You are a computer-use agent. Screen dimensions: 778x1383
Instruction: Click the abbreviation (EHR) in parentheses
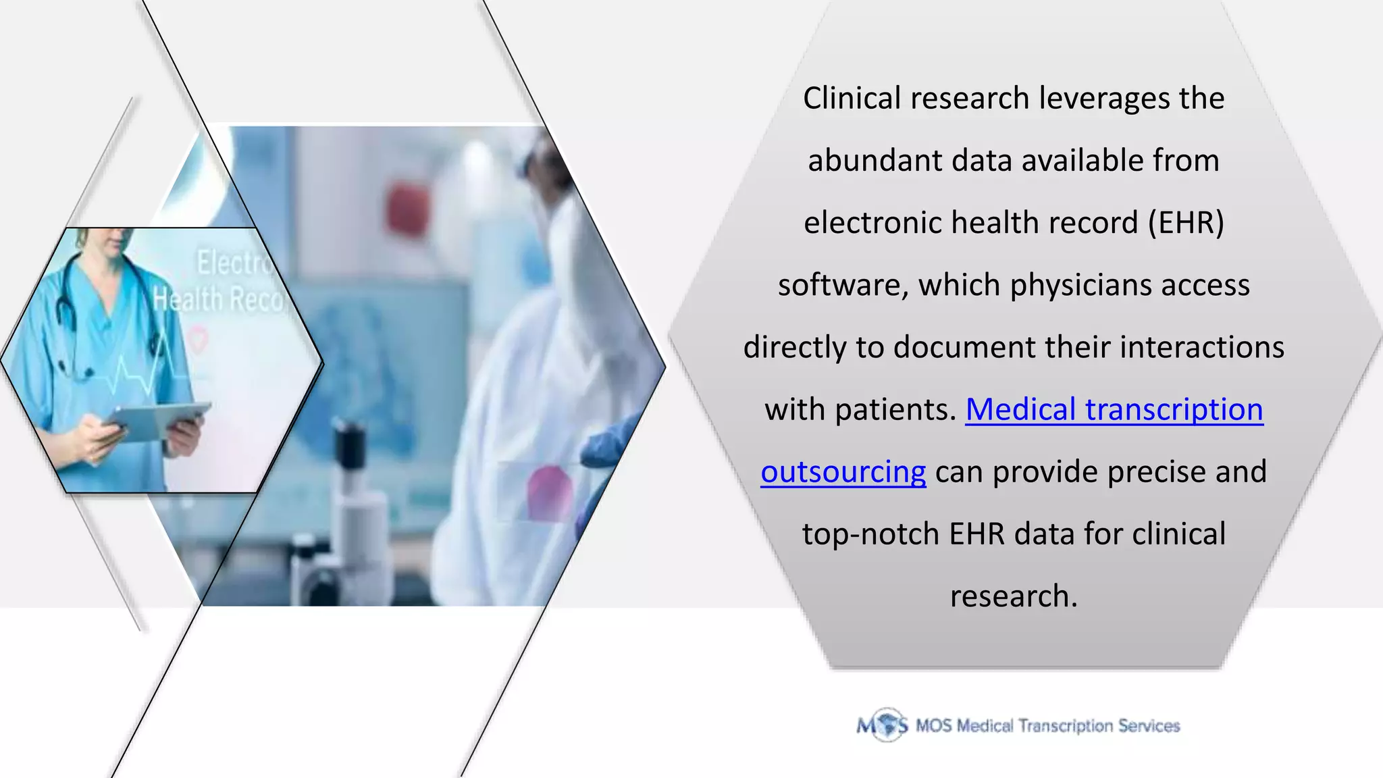click(1186, 223)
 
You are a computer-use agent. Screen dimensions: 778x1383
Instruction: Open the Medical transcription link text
click(1114, 410)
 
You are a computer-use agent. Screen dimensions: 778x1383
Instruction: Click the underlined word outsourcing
click(843, 472)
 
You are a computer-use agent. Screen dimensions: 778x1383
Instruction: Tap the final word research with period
click(1013, 596)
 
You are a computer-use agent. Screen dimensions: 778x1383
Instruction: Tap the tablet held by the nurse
click(159, 420)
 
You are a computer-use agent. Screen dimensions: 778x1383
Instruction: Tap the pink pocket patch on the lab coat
click(548, 493)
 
